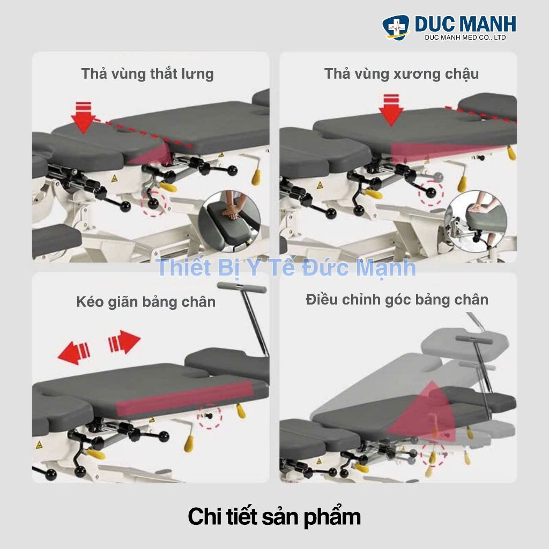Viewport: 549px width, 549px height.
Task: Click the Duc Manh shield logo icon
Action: click(396, 27)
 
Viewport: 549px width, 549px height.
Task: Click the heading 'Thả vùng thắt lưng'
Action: click(147, 74)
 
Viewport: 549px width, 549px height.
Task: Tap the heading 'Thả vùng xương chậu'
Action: click(401, 74)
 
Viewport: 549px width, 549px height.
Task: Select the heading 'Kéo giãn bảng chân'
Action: click(146, 302)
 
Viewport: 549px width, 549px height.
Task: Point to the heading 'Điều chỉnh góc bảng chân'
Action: click(397, 300)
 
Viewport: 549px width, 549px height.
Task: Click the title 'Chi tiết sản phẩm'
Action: click(274, 517)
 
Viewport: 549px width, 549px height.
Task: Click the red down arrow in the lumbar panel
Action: click(83, 117)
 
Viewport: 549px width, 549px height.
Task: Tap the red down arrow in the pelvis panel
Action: click(391, 110)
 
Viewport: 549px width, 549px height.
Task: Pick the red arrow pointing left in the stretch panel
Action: click(74, 353)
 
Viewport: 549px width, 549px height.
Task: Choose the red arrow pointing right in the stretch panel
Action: click(124, 342)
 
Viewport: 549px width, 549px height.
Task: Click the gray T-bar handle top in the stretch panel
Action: click(242, 288)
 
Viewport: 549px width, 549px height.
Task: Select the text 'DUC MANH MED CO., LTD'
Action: click(465, 38)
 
